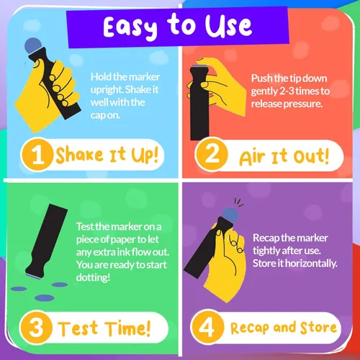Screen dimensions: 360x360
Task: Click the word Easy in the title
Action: click(130, 28)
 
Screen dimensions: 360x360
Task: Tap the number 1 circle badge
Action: click(37, 154)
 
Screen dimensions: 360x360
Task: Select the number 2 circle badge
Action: click(212, 153)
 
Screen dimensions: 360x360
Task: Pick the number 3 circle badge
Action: click(36, 328)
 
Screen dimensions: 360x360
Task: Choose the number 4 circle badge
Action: click(207, 327)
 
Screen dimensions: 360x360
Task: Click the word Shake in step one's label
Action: click(79, 155)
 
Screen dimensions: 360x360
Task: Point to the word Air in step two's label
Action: click(252, 158)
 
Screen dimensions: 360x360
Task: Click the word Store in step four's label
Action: click(318, 328)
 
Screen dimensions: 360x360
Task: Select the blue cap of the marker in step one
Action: click(33, 45)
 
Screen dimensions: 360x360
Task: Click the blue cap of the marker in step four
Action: click(230, 215)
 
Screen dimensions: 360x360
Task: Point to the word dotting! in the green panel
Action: click(93, 277)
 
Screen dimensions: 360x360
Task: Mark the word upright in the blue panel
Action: click(107, 90)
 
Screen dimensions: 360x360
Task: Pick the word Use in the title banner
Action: click(228, 27)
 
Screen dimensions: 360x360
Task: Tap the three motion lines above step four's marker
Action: click(239, 202)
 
